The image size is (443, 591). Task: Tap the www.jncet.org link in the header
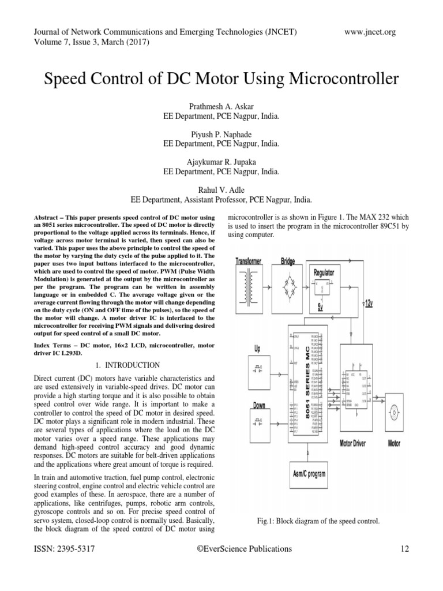click(370, 32)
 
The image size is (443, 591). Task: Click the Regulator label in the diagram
click(324, 272)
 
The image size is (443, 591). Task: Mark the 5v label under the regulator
click(320, 306)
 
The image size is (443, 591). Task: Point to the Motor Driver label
click(353, 443)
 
